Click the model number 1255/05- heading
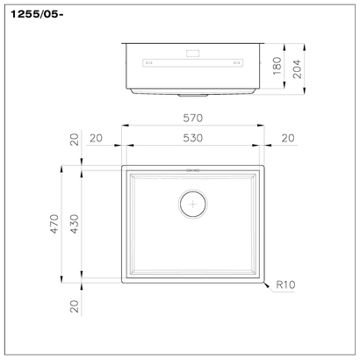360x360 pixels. (x=37, y=15)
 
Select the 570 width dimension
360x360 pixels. (x=193, y=118)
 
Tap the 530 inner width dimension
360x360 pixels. (x=193, y=138)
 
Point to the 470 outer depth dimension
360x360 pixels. (x=54, y=224)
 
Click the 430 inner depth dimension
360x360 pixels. (x=75, y=224)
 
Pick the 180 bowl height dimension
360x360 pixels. (x=277, y=66)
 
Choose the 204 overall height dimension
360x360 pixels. (x=297, y=68)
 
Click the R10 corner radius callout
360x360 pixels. (x=285, y=284)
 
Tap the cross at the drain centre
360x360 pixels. (x=193, y=204)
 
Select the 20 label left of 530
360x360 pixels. (x=96, y=138)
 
